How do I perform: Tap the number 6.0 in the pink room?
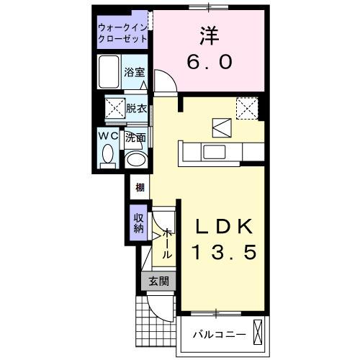(x=209, y=63)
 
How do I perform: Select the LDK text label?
(x=223, y=228)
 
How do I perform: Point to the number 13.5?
(x=223, y=253)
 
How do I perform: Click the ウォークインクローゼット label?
(x=122, y=33)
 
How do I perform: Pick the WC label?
(x=108, y=135)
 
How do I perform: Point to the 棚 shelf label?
(x=139, y=188)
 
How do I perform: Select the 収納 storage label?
(x=139, y=223)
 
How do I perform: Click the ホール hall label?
(x=167, y=244)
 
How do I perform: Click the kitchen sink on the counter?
(x=214, y=152)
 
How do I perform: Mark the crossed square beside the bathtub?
(x=112, y=109)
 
